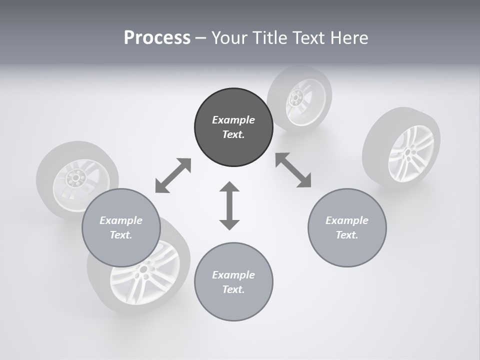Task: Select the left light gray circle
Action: click(121, 227)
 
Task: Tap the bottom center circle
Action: click(233, 282)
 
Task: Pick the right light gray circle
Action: click(347, 227)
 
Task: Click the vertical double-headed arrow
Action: click(229, 205)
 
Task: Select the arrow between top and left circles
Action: click(173, 175)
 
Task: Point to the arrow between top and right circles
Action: click(293, 170)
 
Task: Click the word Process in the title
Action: click(157, 37)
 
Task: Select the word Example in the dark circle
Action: click(233, 120)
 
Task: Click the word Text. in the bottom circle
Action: click(233, 289)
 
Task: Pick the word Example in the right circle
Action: click(347, 220)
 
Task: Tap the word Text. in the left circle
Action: click(121, 235)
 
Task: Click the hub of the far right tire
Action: click(408, 151)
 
